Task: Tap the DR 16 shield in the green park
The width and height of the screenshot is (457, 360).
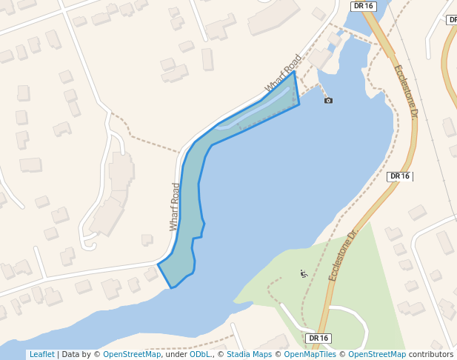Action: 318,339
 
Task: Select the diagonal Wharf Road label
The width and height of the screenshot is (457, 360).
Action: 284,74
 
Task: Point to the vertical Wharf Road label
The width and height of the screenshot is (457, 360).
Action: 176,207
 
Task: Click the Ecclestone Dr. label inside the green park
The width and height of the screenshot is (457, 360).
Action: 343,254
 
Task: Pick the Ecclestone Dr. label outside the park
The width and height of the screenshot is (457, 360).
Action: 406,92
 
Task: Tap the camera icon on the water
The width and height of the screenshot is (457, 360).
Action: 328,100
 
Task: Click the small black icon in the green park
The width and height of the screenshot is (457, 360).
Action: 303,273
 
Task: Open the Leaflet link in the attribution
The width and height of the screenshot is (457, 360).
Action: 41,355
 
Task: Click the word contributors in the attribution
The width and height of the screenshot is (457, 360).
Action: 431,355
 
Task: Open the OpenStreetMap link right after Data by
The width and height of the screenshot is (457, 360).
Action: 131,355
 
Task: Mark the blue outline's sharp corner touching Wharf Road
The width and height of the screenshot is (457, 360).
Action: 295,72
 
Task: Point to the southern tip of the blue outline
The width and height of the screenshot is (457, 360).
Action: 172,287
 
